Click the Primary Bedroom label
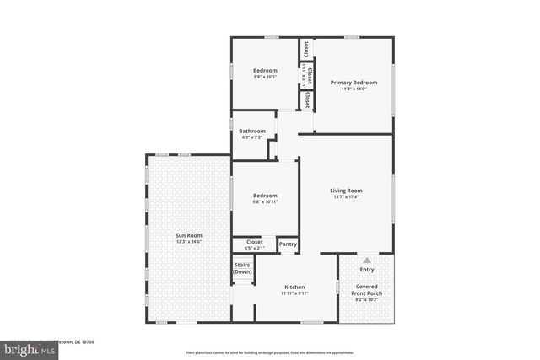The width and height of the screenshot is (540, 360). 354,83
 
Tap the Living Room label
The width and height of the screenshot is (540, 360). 346,191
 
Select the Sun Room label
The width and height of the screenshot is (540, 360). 189,235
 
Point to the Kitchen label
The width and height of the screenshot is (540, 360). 294,287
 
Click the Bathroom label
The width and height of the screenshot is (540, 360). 252,131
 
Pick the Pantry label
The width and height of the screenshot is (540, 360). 288,244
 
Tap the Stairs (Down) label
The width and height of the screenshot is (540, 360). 243,269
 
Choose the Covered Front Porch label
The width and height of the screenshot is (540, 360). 368,291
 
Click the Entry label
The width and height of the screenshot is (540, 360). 367,270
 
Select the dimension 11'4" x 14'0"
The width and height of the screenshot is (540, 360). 354,89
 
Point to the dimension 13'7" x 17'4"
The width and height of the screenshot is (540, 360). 346,197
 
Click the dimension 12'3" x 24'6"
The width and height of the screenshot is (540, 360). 189,242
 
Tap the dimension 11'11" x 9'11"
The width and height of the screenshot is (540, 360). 294,293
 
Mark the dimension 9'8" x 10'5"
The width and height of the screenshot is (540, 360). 266,77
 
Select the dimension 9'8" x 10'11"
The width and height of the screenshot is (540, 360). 266,202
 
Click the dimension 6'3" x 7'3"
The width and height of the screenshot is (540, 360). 252,137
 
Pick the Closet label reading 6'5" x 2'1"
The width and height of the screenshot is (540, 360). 254,244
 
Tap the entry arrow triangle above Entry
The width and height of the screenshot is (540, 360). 367,260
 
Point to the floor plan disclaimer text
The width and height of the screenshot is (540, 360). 269,352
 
